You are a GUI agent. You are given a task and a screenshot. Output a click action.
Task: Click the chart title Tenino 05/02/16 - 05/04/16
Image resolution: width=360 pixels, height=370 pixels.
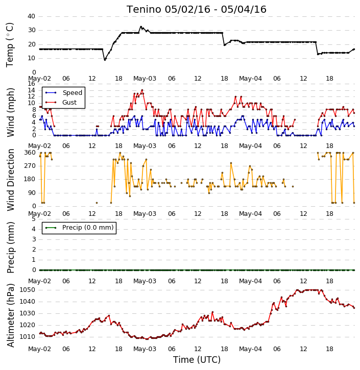(x=197, y=9)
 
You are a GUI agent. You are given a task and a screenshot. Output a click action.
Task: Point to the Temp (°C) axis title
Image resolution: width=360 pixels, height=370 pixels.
(x=10, y=45)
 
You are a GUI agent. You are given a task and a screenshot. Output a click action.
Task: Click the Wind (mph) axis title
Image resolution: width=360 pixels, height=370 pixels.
(x=10, y=112)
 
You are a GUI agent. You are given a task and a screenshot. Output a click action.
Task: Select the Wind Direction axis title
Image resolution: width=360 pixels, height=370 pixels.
(x=10, y=180)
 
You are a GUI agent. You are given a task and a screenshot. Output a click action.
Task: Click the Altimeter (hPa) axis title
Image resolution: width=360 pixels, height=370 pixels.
(x=10, y=315)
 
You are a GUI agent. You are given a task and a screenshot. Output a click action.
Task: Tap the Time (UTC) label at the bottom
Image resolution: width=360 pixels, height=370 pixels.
(x=197, y=360)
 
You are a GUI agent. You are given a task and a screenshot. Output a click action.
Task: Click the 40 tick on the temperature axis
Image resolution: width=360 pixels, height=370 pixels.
(x=31, y=16)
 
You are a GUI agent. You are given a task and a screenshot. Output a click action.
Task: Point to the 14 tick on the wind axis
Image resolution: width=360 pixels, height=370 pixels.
(x=31, y=90)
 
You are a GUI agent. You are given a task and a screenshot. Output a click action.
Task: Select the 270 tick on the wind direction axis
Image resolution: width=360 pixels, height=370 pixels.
(x=30, y=166)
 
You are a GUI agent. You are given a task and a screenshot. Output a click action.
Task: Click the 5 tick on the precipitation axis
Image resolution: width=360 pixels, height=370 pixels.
(x=34, y=219)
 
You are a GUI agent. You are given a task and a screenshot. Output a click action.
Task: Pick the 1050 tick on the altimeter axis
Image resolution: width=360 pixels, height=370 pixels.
(x=27, y=290)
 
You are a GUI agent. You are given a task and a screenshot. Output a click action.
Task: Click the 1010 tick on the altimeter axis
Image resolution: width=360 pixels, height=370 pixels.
(x=27, y=337)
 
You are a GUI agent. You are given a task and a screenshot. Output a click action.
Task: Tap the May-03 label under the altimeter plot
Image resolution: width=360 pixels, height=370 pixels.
(x=145, y=349)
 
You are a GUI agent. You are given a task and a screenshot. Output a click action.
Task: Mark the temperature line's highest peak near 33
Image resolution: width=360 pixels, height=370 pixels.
(x=141, y=27)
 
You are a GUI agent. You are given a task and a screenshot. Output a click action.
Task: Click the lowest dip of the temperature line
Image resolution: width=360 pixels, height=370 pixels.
(x=105, y=60)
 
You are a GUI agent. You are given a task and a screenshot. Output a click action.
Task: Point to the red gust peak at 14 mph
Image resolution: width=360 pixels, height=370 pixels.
(x=142, y=90)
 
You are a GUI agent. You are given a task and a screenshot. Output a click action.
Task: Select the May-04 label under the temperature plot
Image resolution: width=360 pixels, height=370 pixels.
(x=250, y=79)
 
